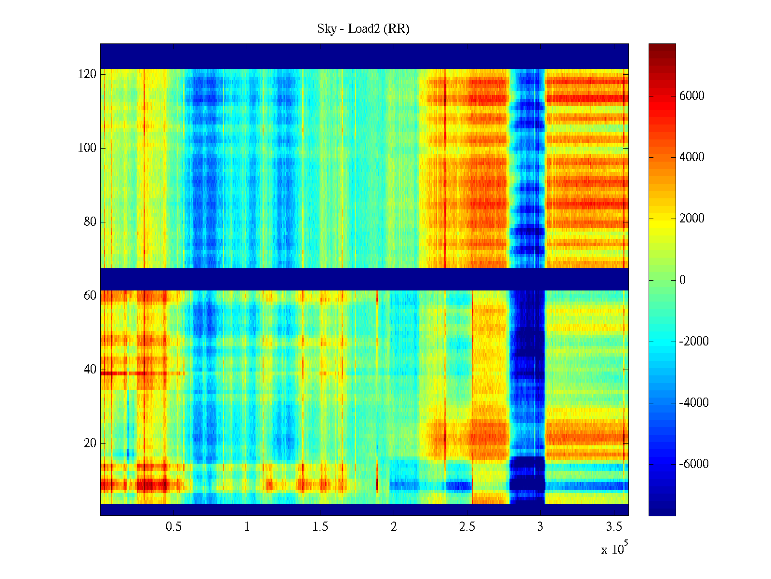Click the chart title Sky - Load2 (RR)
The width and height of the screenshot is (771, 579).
pos(363,29)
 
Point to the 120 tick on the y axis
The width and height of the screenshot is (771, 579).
pos(87,74)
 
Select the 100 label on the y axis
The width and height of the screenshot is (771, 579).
pos(87,148)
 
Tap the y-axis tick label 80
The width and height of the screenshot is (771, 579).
pos(90,222)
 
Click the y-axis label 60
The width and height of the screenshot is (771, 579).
pos(90,295)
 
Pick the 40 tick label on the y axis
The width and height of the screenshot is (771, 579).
pos(90,370)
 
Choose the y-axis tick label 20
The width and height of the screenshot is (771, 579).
pos(90,443)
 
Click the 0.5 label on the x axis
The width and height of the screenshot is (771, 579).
pos(173,527)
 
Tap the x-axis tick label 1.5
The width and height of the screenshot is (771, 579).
pos(320,527)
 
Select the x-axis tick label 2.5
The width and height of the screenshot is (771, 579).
pos(467,527)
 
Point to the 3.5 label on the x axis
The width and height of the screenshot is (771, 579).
pos(614,527)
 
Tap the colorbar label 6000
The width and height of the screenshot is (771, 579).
pos(691,96)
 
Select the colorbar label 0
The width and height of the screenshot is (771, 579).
pos(682,280)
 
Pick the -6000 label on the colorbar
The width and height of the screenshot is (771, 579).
pos(694,464)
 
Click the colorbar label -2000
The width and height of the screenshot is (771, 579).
pos(694,342)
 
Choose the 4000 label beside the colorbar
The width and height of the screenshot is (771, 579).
pos(691,157)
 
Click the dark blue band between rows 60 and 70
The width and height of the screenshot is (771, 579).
pos(364,279)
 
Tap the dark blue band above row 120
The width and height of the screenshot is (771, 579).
pos(364,56)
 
